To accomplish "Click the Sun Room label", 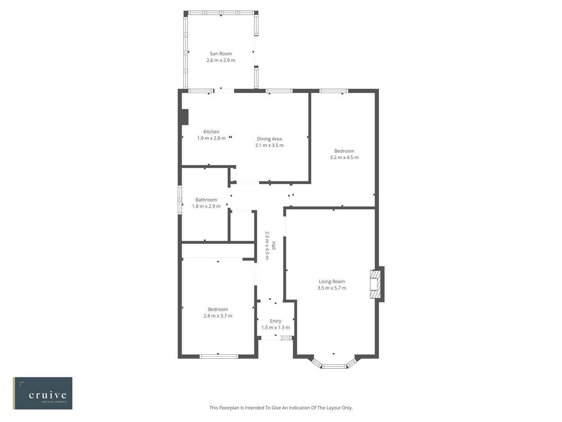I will pos(221,54).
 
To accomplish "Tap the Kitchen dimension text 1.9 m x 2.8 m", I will pos(211,138).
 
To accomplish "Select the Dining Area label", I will pos(269,139).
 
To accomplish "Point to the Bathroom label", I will pos(206,200).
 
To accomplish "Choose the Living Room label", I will pos(332,281).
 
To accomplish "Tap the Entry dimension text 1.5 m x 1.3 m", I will pos(276,327).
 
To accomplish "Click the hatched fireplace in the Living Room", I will pos(375,284).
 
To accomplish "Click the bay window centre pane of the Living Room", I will pos(334,367).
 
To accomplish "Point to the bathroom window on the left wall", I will pos(180,200).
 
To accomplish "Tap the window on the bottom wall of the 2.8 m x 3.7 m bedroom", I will pos(219,356).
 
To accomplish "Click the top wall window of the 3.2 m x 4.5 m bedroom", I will pos(334,91).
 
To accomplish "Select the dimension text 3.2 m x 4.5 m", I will pos(344,157).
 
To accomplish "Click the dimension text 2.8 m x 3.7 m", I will pos(218,316).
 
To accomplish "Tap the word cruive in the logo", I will pos(48,395).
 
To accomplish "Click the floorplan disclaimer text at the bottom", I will pos(281,408).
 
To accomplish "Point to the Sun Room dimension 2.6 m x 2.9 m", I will pos(221,60).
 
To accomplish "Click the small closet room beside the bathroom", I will pos(242,227).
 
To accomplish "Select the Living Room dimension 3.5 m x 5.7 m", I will pos(332,288).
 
